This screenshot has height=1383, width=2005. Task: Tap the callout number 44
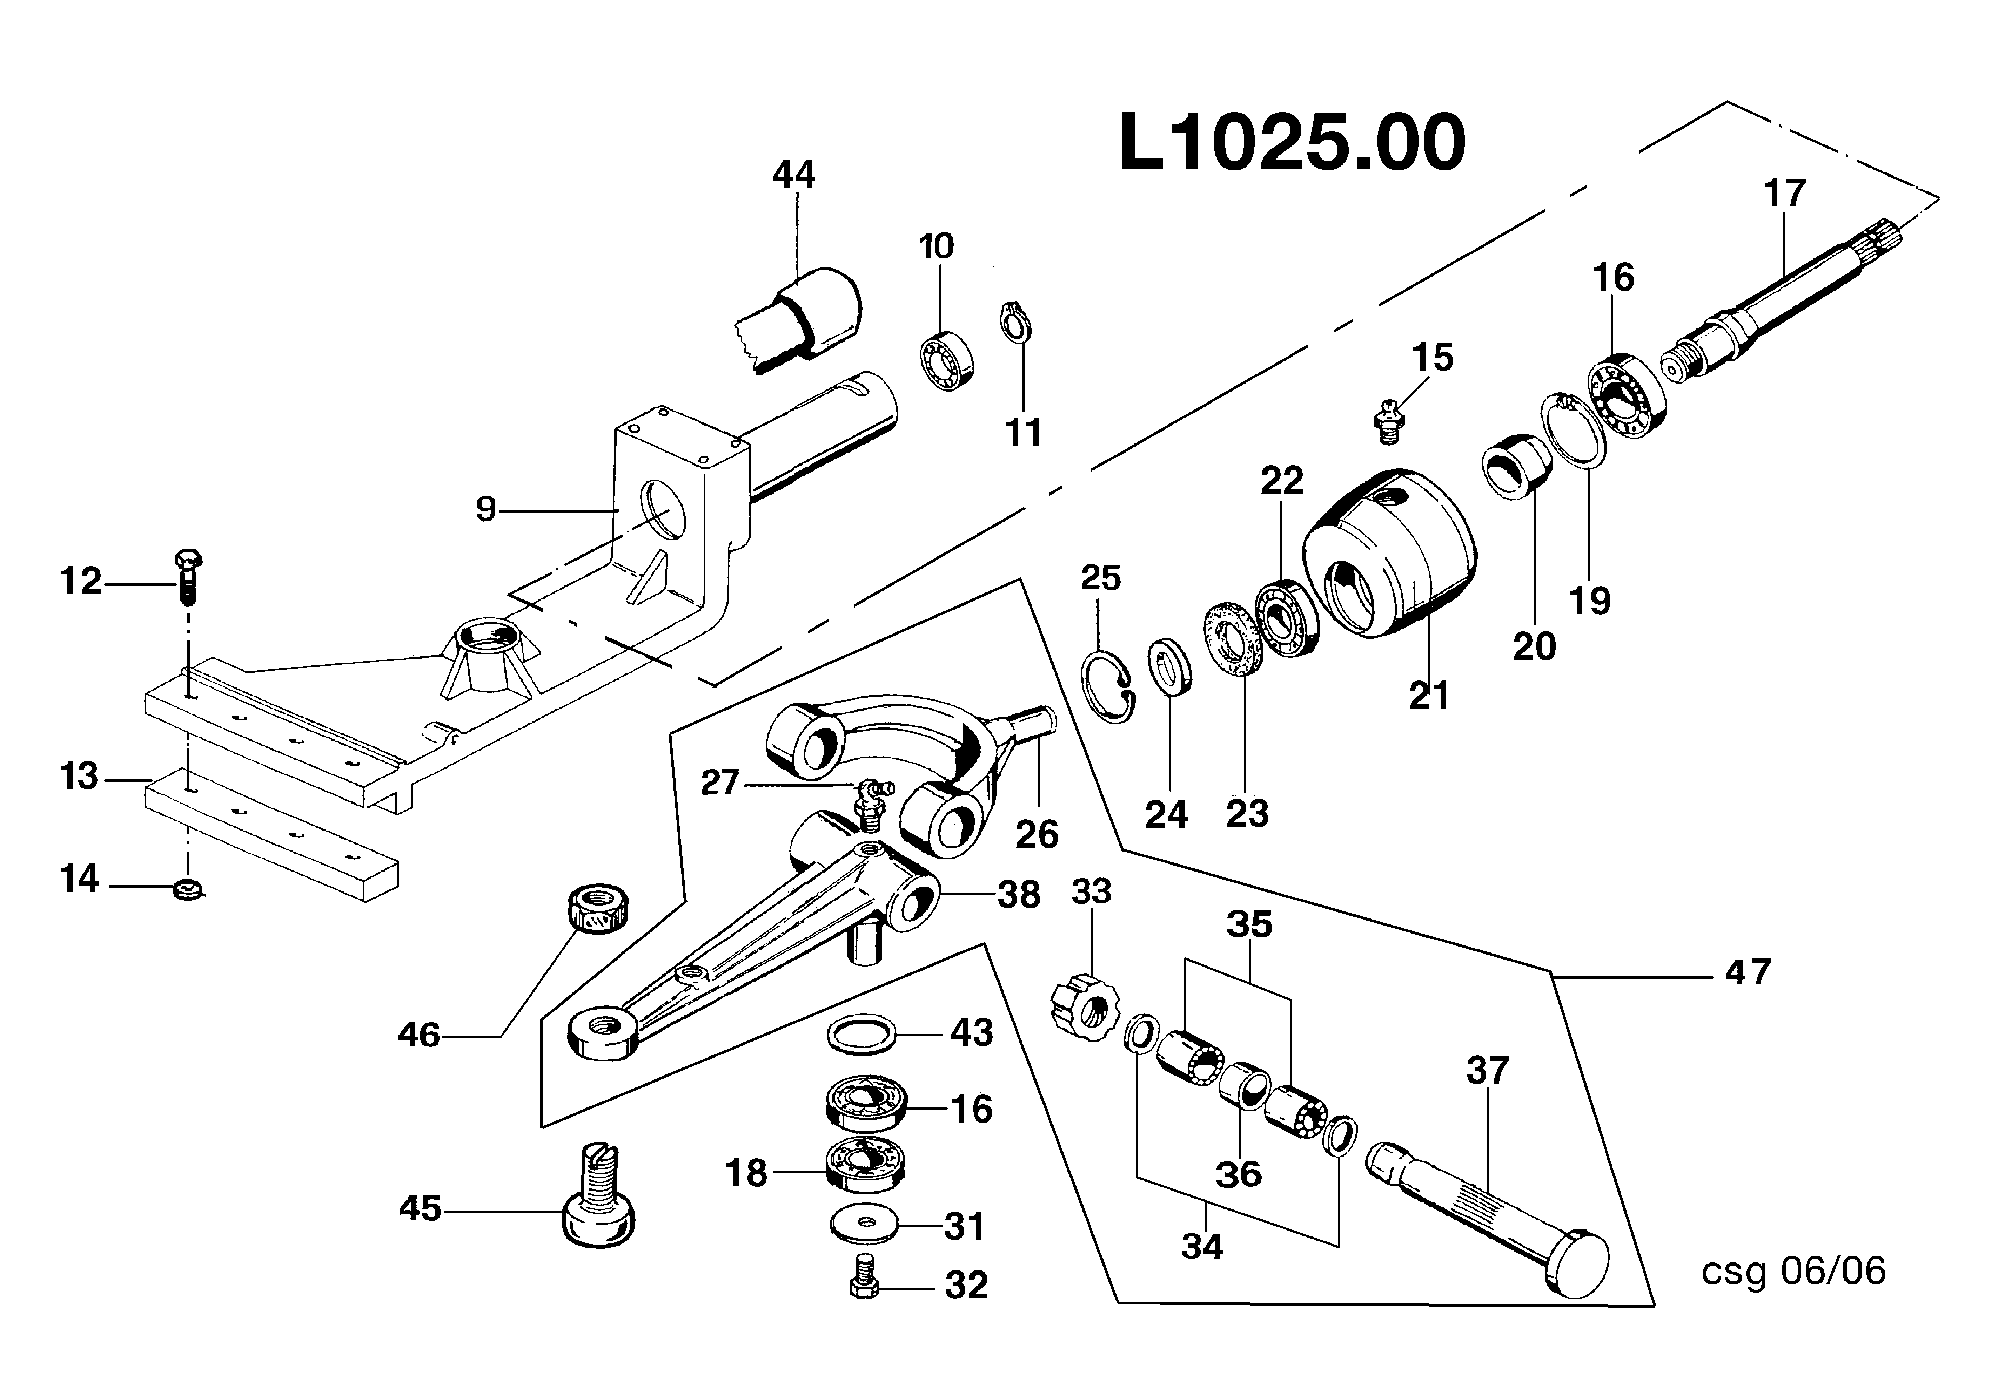coord(793,175)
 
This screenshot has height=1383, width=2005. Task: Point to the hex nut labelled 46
coord(597,909)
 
